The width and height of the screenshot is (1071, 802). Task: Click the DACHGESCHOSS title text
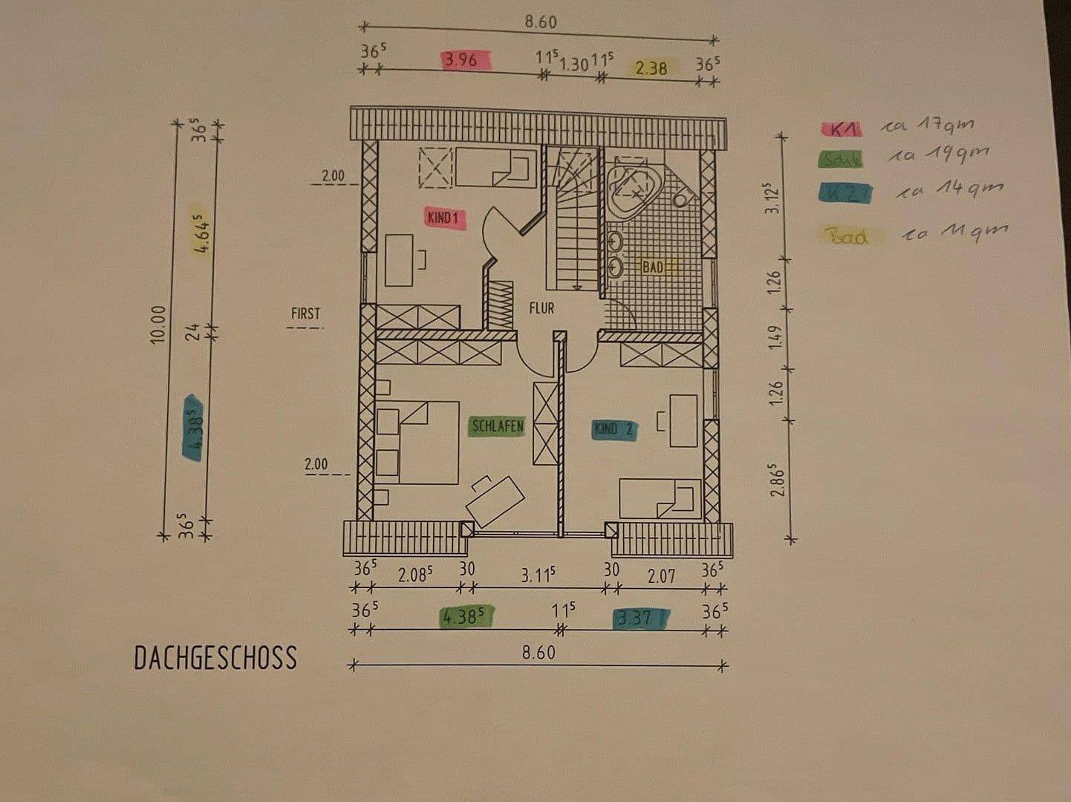click(215, 658)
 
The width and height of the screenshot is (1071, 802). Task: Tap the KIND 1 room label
click(443, 218)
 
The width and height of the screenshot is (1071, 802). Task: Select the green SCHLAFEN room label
click(498, 426)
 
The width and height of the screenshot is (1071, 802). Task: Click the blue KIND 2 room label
click(613, 429)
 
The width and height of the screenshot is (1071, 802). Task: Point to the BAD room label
click(653, 267)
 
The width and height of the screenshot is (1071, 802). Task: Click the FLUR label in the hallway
click(541, 307)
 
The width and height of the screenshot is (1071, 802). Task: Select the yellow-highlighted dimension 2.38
click(651, 68)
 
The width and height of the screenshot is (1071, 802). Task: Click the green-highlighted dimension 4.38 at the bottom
click(464, 616)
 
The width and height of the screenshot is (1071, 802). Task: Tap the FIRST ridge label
click(305, 313)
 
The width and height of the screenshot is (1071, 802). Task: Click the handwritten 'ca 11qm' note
click(955, 232)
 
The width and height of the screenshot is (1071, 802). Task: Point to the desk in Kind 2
click(683, 421)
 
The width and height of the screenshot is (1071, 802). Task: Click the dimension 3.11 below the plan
click(538, 575)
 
